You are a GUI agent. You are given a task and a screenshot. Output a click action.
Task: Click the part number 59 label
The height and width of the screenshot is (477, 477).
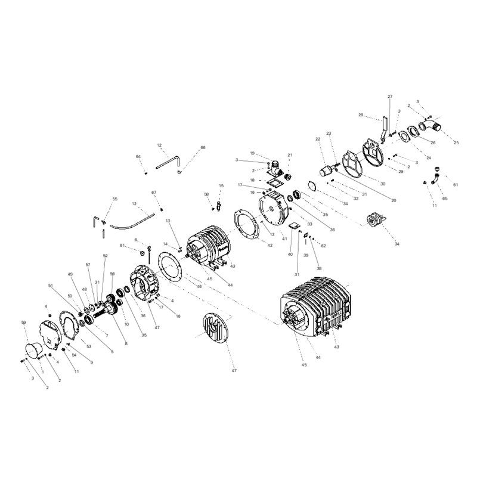pyautogui.click(x=24, y=323)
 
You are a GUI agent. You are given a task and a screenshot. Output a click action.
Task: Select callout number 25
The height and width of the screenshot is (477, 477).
pyautogui.click(x=457, y=143)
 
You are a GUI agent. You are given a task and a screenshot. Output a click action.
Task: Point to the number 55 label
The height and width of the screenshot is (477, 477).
pyautogui.click(x=115, y=199)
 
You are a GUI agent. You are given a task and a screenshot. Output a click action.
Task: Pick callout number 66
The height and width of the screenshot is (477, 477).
pyautogui.click(x=203, y=147)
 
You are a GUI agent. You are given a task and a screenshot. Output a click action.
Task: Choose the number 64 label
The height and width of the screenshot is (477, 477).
pyautogui.click(x=138, y=156)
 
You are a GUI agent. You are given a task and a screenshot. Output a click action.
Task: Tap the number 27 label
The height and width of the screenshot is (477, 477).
pyautogui.click(x=390, y=96)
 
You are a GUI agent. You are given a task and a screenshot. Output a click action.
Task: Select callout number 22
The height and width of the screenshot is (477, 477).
pyautogui.click(x=318, y=139)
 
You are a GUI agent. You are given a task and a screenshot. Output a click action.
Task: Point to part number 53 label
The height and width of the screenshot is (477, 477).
pyautogui.click(x=89, y=346)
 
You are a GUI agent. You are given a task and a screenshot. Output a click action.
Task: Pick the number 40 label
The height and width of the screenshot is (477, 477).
pyautogui.click(x=290, y=255)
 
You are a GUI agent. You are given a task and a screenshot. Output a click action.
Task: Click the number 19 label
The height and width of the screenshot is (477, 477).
pyautogui.click(x=252, y=153)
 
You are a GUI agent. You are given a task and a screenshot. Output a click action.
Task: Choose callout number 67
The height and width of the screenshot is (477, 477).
pyautogui.click(x=153, y=192)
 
